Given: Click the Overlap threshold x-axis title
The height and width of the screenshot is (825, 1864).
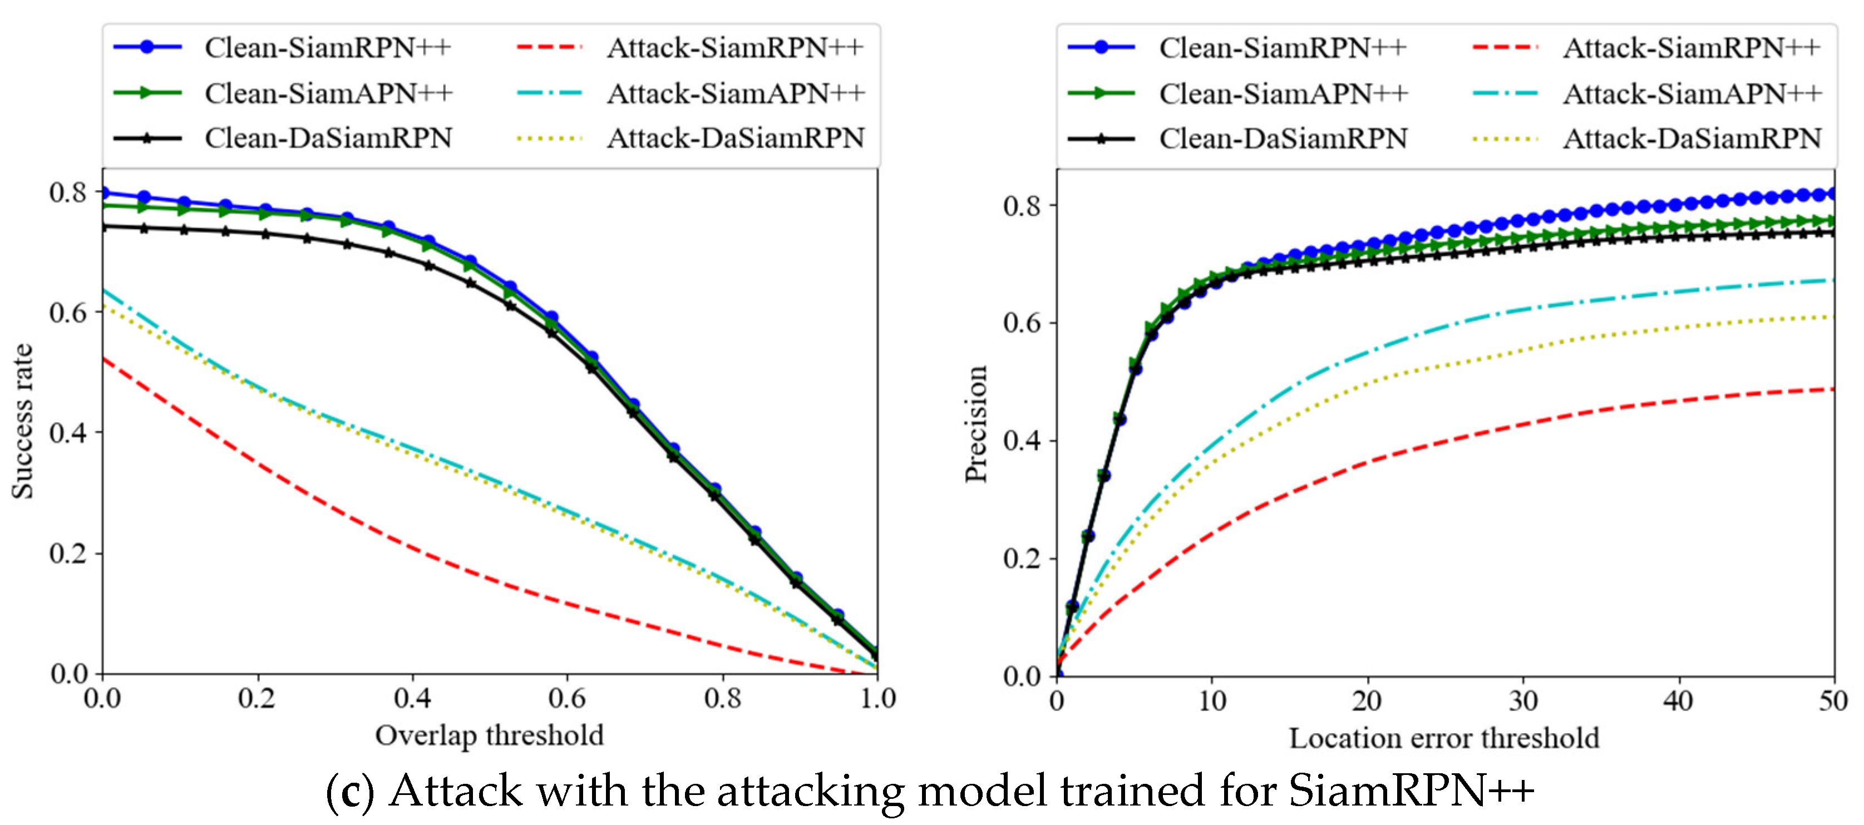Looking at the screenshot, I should tap(489, 735).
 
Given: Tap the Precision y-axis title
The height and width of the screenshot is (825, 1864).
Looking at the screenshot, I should tap(976, 423).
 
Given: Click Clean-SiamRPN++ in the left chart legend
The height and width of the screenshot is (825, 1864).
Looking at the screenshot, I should tap(327, 48).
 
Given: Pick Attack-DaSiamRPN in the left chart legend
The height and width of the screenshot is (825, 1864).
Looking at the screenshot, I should tap(735, 137).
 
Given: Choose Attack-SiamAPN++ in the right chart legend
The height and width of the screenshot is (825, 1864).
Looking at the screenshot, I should tap(1692, 93).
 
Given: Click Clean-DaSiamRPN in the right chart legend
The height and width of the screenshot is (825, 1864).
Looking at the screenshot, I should tap(1283, 138).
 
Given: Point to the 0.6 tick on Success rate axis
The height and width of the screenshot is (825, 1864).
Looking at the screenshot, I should tap(67, 312).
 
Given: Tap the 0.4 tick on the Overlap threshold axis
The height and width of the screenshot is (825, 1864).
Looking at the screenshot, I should tap(412, 698).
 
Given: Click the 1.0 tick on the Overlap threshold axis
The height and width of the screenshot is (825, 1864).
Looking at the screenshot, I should tap(877, 698).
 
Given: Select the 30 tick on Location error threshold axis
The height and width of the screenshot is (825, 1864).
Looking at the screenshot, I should tap(1523, 700).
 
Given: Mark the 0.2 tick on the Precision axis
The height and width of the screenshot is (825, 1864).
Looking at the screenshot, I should tap(1022, 558).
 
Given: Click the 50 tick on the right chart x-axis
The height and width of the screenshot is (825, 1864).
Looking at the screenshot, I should tap(1833, 700).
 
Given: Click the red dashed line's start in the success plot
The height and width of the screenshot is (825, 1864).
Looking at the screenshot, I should tap(103, 358).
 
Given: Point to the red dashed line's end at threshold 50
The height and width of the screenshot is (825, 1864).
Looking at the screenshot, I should tap(1833, 389).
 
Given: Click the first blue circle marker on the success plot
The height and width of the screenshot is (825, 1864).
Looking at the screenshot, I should tap(103, 192).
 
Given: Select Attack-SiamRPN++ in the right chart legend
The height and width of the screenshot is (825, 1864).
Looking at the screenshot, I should tap(1692, 48).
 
